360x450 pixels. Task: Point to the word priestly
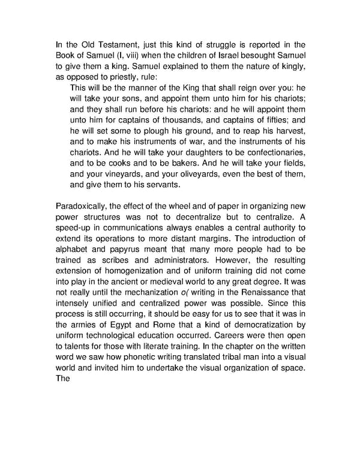(x=113, y=77)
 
